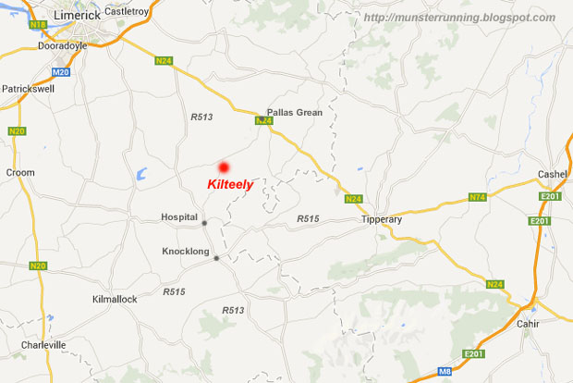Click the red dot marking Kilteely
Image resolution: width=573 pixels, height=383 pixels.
223,167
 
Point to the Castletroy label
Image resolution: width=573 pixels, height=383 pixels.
127,11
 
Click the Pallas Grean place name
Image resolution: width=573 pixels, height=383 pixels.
295,111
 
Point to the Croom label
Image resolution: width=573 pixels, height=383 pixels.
20,172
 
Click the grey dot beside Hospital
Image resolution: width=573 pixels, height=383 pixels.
205,222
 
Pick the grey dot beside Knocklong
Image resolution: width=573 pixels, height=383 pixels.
216,258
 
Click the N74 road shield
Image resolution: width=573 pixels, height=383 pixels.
477,197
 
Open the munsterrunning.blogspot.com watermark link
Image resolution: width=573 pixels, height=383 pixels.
458,18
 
